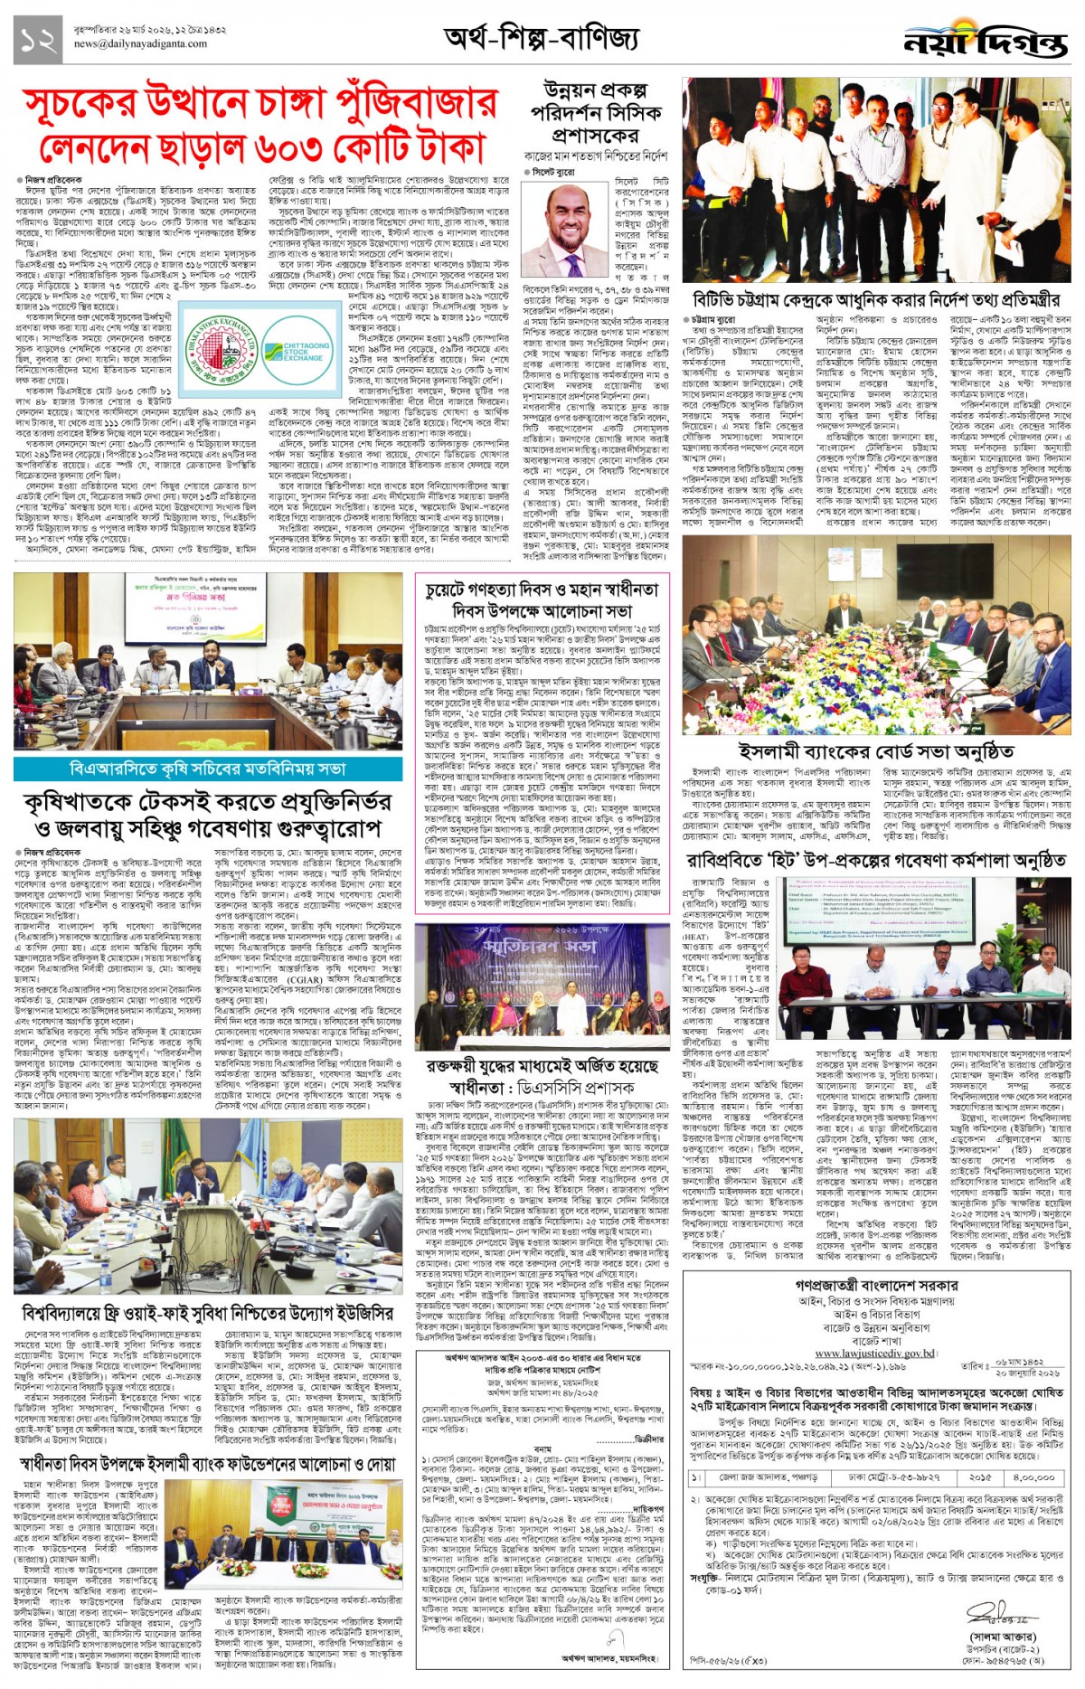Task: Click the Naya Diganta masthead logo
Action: point(985,42)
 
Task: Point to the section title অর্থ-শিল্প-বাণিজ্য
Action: point(542,38)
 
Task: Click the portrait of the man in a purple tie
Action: point(565,232)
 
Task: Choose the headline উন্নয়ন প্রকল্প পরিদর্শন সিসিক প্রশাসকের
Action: point(596,113)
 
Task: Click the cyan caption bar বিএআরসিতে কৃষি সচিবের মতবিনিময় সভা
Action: point(208,769)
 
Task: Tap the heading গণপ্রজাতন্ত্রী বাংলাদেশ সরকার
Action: point(876,1285)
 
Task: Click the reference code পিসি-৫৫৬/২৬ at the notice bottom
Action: point(714,1660)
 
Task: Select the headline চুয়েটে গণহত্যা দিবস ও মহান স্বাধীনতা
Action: point(542,590)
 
